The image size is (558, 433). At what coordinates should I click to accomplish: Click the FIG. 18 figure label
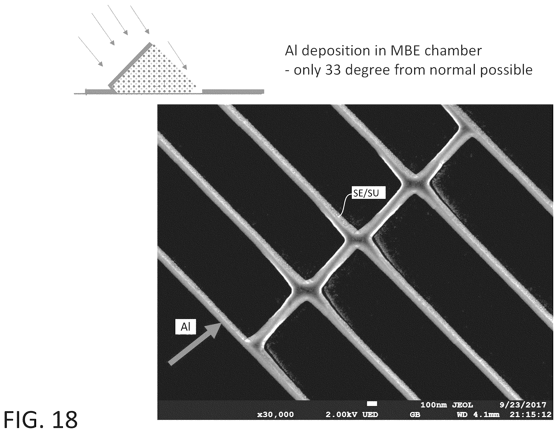tap(40, 420)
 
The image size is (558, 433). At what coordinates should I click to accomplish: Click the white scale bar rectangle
tap(372, 403)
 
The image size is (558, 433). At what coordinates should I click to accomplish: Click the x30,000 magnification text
tap(275, 414)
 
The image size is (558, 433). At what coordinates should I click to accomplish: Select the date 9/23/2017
tap(523, 405)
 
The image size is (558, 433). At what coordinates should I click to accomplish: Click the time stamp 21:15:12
tap(530, 414)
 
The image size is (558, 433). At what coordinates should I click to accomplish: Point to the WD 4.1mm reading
tap(478, 414)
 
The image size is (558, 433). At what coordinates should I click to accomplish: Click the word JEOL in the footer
tap(463, 405)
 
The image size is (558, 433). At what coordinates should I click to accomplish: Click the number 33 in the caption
tap(333, 70)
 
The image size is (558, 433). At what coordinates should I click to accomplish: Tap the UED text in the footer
tap(370, 414)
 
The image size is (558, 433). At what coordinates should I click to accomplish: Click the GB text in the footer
tap(415, 414)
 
